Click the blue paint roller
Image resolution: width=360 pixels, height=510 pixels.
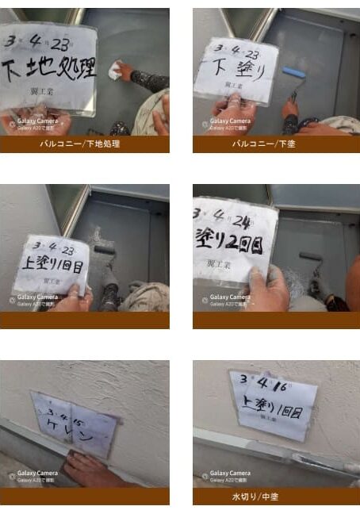[293, 73]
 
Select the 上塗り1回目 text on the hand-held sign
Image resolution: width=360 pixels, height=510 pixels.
[52, 261]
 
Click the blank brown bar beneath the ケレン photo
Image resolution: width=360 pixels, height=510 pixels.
[85, 497]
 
